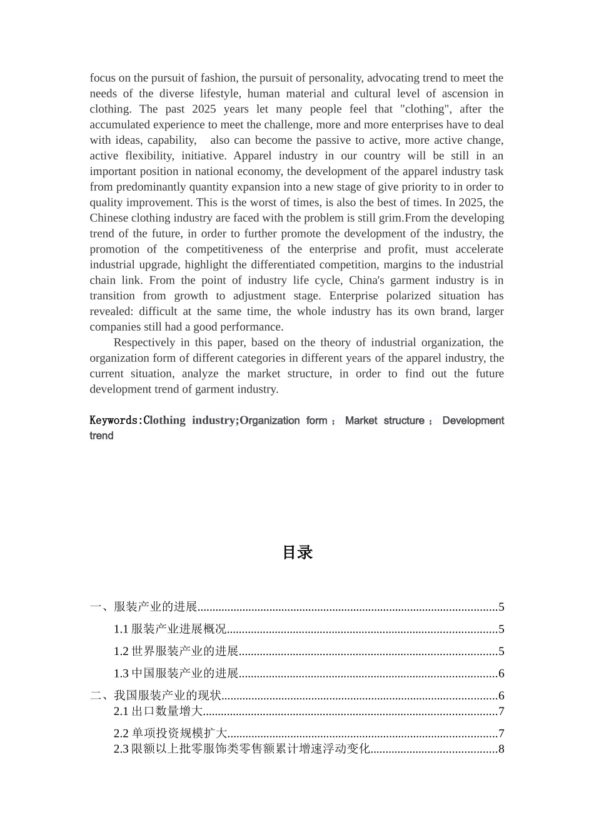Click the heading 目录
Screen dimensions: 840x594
click(x=297, y=552)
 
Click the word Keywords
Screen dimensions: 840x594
click(x=114, y=421)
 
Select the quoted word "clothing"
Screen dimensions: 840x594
click(x=425, y=109)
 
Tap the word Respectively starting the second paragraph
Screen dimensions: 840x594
click(x=144, y=342)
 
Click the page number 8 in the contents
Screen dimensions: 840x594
click(x=501, y=749)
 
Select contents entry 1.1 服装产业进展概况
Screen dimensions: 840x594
click(x=169, y=629)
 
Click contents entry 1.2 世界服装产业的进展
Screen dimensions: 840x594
click(x=176, y=651)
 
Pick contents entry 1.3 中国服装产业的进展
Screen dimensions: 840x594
click(x=176, y=674)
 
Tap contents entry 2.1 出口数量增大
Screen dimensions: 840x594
click(x=158, y=711)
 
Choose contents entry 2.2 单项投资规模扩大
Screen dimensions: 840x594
click(x=170, y=734)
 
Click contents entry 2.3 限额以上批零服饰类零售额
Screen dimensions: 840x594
click(x=241, y=749)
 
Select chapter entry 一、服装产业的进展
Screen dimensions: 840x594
click(x=144, y=607)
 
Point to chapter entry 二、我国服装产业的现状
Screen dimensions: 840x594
click(x=156, y=696)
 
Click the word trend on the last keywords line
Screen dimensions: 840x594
click(x=101, y=436)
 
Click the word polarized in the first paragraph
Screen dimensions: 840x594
click(x=401, y=296)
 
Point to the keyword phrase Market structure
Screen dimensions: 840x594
click(x=385, y=421)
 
